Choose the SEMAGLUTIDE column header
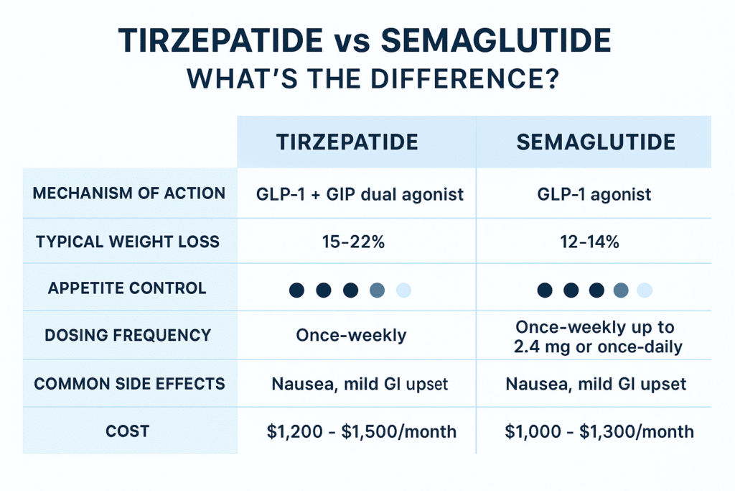point(596,142)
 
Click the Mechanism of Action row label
point(129,193)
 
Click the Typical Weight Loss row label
point(129,241)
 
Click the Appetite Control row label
point(127,288)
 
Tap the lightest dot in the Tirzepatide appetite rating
point(403,290)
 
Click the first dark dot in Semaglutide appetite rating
point(546,290)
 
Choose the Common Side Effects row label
point(129,383)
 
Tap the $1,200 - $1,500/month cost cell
point(361,431)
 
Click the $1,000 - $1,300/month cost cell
point(599,431)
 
